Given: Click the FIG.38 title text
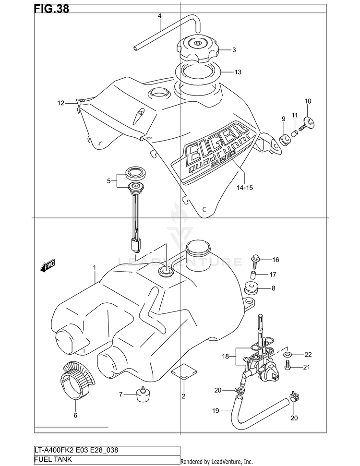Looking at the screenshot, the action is (52, 9).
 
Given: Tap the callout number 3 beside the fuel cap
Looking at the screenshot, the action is (234, 50).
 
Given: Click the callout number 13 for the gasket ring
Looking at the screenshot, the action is (238, 72).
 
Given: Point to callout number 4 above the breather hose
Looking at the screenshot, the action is (160, 16).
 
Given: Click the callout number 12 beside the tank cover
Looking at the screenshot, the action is (61, 103).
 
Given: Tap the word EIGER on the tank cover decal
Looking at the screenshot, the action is (216, 141).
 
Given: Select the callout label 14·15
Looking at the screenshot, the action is (245, 188).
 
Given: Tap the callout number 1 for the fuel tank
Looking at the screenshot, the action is (95, 267).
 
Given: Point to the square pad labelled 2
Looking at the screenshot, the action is (184, 371).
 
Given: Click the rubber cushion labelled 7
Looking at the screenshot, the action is (143, 394).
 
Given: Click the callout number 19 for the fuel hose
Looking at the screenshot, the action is (216, 411).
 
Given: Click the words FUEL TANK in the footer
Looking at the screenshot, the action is (53, 459).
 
